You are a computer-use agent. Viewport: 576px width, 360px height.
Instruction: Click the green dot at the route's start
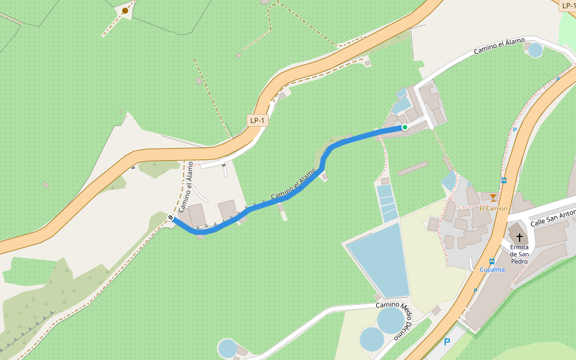(405, 127)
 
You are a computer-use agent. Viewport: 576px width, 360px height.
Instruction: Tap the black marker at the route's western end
(171, 217)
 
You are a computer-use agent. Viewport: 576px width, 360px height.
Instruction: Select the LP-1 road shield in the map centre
(258, 121)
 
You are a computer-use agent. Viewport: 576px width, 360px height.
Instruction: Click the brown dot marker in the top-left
(125, 11)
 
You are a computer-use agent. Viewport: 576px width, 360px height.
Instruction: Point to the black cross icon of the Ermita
(519, 238)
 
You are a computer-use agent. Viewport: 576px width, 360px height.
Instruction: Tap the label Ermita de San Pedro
(519, 254)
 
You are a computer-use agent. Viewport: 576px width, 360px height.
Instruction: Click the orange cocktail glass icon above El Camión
(493, 197)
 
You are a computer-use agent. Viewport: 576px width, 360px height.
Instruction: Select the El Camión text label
(493, 209)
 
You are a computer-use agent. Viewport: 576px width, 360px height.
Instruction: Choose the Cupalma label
(492, 270)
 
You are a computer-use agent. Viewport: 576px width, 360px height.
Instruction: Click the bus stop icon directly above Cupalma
(492, 261)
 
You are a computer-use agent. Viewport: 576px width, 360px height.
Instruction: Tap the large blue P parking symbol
(446, 343)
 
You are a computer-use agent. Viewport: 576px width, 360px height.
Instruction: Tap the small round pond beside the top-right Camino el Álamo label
(535, 50)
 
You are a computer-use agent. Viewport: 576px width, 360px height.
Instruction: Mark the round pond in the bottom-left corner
(228, 348)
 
